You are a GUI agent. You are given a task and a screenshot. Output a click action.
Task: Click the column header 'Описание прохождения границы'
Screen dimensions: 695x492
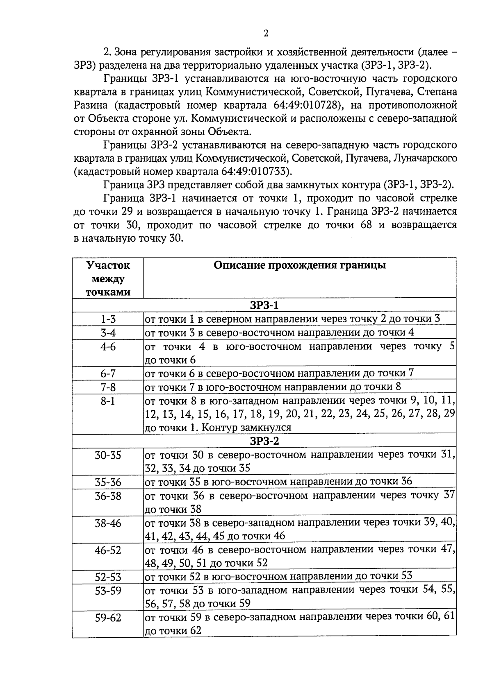[x=299, y=265]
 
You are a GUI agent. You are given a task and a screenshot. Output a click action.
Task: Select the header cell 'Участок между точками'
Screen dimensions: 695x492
[x=108, y=279]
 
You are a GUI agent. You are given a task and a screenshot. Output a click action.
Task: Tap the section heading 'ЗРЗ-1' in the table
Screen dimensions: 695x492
[x=264, y=306]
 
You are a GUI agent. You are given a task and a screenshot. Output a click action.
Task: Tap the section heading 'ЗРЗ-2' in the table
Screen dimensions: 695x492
[x=264, y=441]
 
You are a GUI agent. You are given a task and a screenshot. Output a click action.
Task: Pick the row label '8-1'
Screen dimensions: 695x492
[x=108, y=401]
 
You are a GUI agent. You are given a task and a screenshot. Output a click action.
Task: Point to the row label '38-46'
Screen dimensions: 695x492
[x=108, y=523]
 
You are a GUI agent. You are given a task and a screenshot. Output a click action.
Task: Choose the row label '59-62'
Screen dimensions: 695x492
[x=108, y=618]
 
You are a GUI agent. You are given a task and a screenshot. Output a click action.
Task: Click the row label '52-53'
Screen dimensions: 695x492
[x=108, y=577]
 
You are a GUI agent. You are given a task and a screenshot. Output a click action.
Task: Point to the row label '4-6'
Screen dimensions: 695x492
[x=108, y=347]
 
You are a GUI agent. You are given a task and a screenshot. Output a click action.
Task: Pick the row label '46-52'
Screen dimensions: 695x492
[x=108, y=550]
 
